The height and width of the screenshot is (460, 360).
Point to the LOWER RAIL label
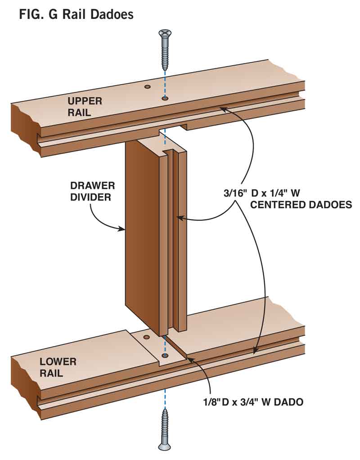click(x=58, y=367)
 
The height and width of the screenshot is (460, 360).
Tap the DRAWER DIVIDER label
click(x=92, y=191)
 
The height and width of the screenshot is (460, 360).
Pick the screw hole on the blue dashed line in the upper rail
click(x=165, y=98)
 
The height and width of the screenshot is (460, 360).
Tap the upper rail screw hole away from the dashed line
click(x=147, y=86)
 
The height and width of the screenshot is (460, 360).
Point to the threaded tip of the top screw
click(x=165, y=68)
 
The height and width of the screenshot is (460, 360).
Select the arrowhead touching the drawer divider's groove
click(x=179, y=218)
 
